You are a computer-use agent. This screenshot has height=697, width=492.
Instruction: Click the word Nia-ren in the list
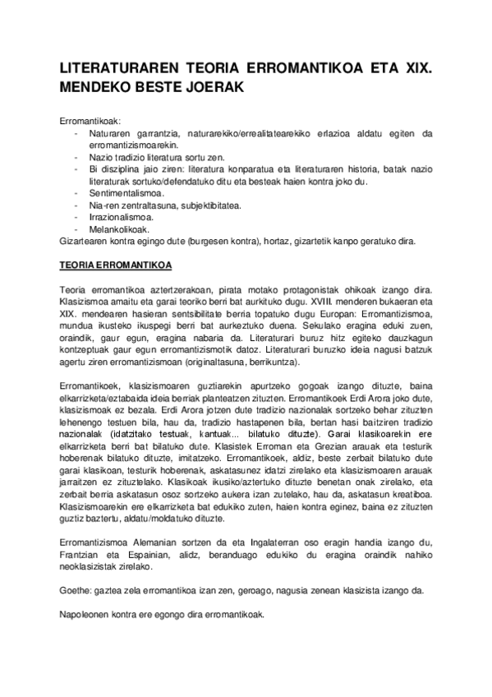105,205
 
